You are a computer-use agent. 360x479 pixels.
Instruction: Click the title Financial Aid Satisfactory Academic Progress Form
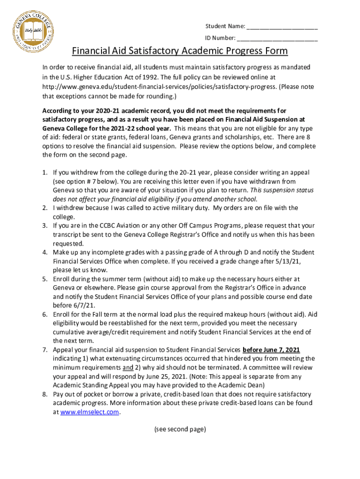180,51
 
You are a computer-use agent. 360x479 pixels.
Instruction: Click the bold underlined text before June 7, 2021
271,350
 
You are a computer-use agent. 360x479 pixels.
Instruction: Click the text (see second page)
180,429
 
